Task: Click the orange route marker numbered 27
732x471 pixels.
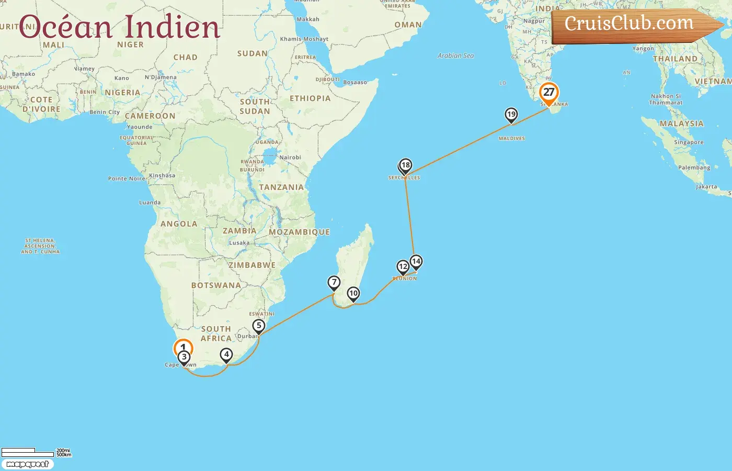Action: [548, 93]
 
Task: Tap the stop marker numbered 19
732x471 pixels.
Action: [511, 115]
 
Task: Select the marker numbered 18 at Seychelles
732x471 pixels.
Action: [405, 165]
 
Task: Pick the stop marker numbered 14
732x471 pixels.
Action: [416, 261]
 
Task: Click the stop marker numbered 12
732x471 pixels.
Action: [403, 267]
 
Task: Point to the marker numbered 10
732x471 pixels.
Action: [353, 294]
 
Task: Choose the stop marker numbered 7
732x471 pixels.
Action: [334, 283]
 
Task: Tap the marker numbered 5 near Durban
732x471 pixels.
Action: [258, 326]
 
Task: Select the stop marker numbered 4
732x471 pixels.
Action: [226, 355]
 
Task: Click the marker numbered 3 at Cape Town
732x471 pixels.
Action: [184, 357]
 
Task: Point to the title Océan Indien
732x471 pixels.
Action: [119, 27]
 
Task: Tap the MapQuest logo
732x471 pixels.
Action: [27, 464]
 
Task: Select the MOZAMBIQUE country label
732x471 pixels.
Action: [299, 232]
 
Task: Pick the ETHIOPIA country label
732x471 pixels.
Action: [310, 98]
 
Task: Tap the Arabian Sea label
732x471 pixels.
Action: [455, 55]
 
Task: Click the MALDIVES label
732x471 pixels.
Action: [511, 139]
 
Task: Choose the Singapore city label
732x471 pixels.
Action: [689, 142]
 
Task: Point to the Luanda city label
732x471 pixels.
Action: [150, 203]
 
